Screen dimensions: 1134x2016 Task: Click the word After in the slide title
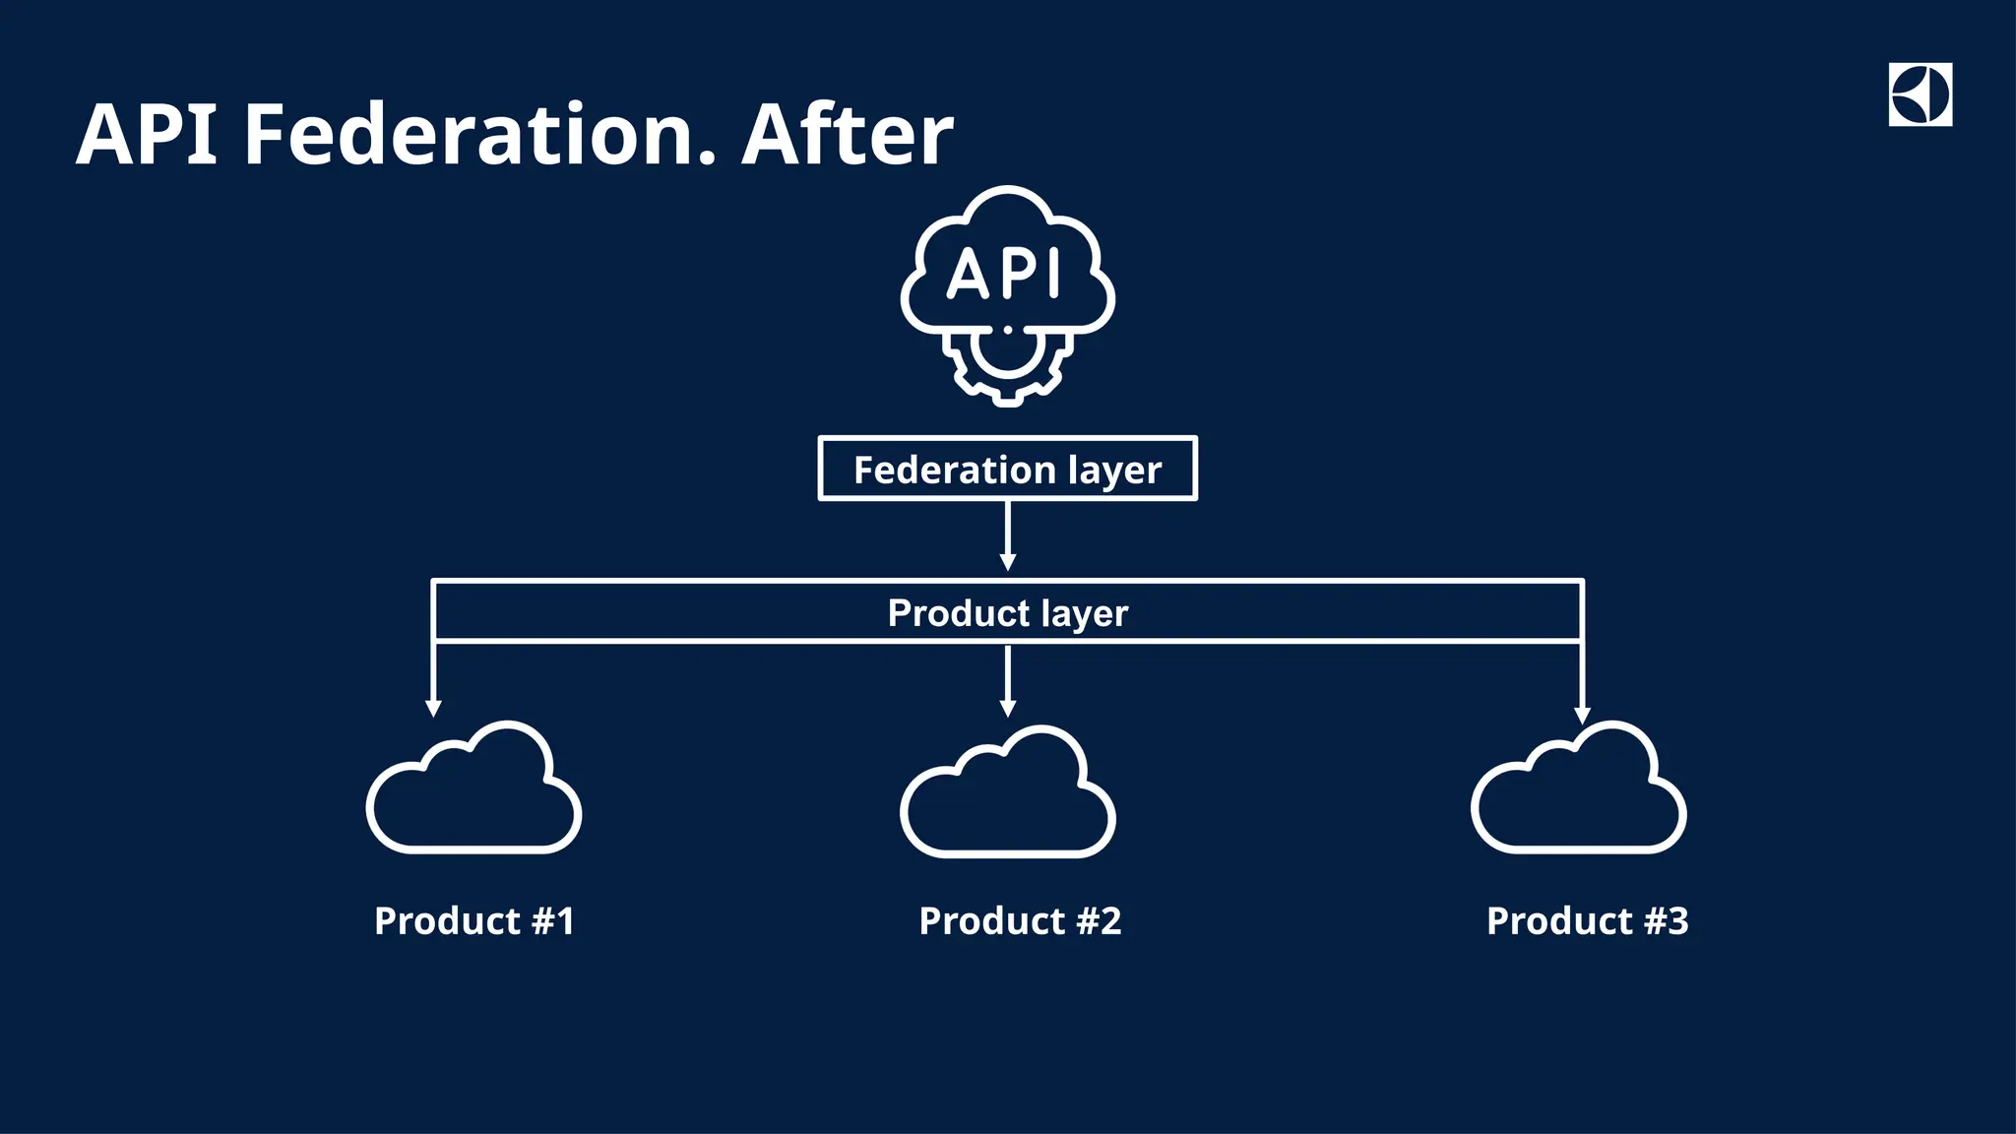point(847,135)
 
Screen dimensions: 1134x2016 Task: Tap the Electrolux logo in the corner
point(1920,94)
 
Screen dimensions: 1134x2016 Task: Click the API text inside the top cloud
point(1005,274)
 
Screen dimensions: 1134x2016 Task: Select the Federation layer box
point(1007,469)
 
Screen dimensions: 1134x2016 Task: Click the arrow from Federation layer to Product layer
point(1007,536)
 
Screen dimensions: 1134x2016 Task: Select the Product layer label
point(1007,613)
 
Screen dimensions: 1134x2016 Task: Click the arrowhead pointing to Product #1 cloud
point(433,708)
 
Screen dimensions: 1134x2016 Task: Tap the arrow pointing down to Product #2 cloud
point(1007,681)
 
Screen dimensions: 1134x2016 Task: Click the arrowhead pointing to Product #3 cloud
point(1582,715)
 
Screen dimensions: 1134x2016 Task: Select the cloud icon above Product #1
point(473,792)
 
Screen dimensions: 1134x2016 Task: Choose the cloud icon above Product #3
point(1578,792)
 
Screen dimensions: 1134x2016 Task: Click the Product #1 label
point(473,921)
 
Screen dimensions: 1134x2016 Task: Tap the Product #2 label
point(1020,921)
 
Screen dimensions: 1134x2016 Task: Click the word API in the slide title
point(147,135)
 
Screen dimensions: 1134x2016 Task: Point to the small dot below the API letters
point(1007,330)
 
